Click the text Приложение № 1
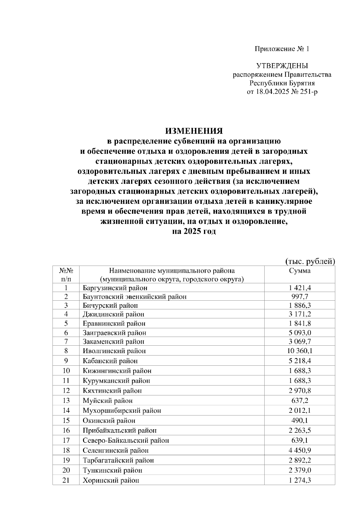click(282, 49)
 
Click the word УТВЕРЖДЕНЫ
click(282, 66)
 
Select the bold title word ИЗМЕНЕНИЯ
click(194, 131)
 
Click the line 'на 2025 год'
click(194, 231)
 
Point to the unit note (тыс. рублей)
click(310, 261)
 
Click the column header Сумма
click(300, 271)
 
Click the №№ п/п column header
click(66, 275)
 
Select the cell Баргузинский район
click(115, 288)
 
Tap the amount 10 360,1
click(300, 351)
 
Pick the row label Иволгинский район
click(114, 351)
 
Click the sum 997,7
click(300, 297)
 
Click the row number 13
click(66, 400)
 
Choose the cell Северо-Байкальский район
click(126, 440)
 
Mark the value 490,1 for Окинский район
click(300, 421)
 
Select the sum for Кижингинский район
click(300, 371)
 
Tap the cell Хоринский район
click(111, 480)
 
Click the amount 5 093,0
click(300, 333)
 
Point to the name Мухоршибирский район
click(122, 410)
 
